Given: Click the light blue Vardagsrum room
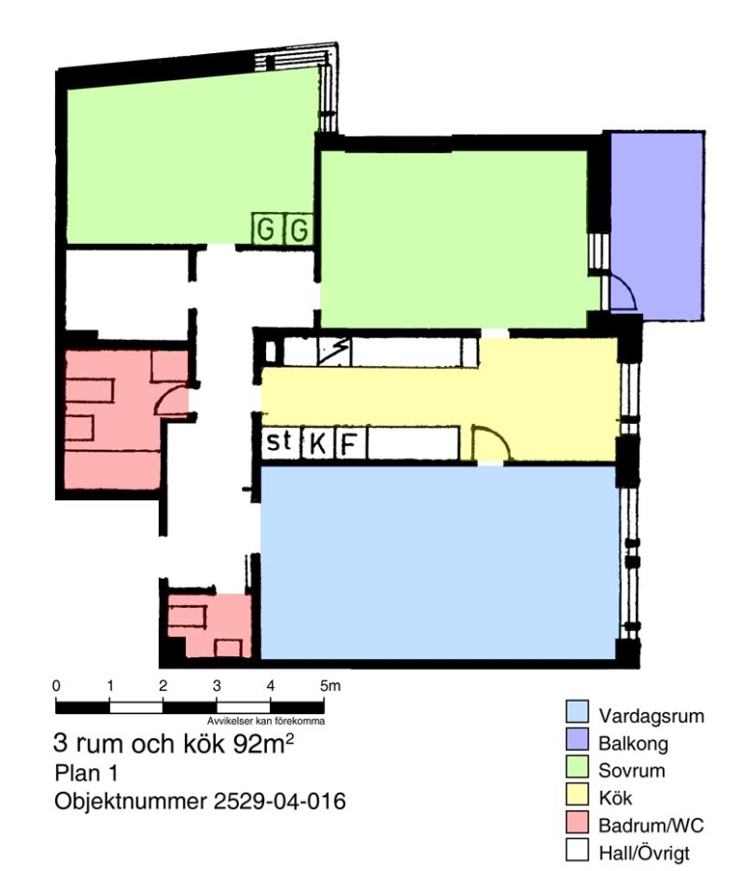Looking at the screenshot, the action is pyautogui.click(x=438, y=561).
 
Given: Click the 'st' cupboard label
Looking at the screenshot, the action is pyautogui.click(x=279, y=441).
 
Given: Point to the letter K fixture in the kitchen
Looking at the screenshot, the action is pyautogui.click(x=318, y=444).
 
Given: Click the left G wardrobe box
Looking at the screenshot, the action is pyautogui.click(x=267, y=228).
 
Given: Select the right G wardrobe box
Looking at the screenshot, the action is pyautogui.click(x=299, y=228).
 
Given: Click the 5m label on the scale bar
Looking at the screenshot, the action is pyautogui.click(x=330, y=686).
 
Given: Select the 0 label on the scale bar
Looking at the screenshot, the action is pyautogui.click(x=56, y=686).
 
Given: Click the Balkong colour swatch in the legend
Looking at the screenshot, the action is pyautogui.click(x=577, y=739).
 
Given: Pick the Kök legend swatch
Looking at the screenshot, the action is pyautogui.click(x=577, y=794).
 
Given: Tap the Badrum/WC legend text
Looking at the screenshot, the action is pyautogui.click(x=651, y=826).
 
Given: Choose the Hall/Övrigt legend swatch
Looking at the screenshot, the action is pyautogui.click(x=577, y=850).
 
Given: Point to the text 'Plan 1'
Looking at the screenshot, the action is pyautogui.click(x=85, y=773).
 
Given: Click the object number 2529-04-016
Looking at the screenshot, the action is pyautogui.click(x=280, y=801).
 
